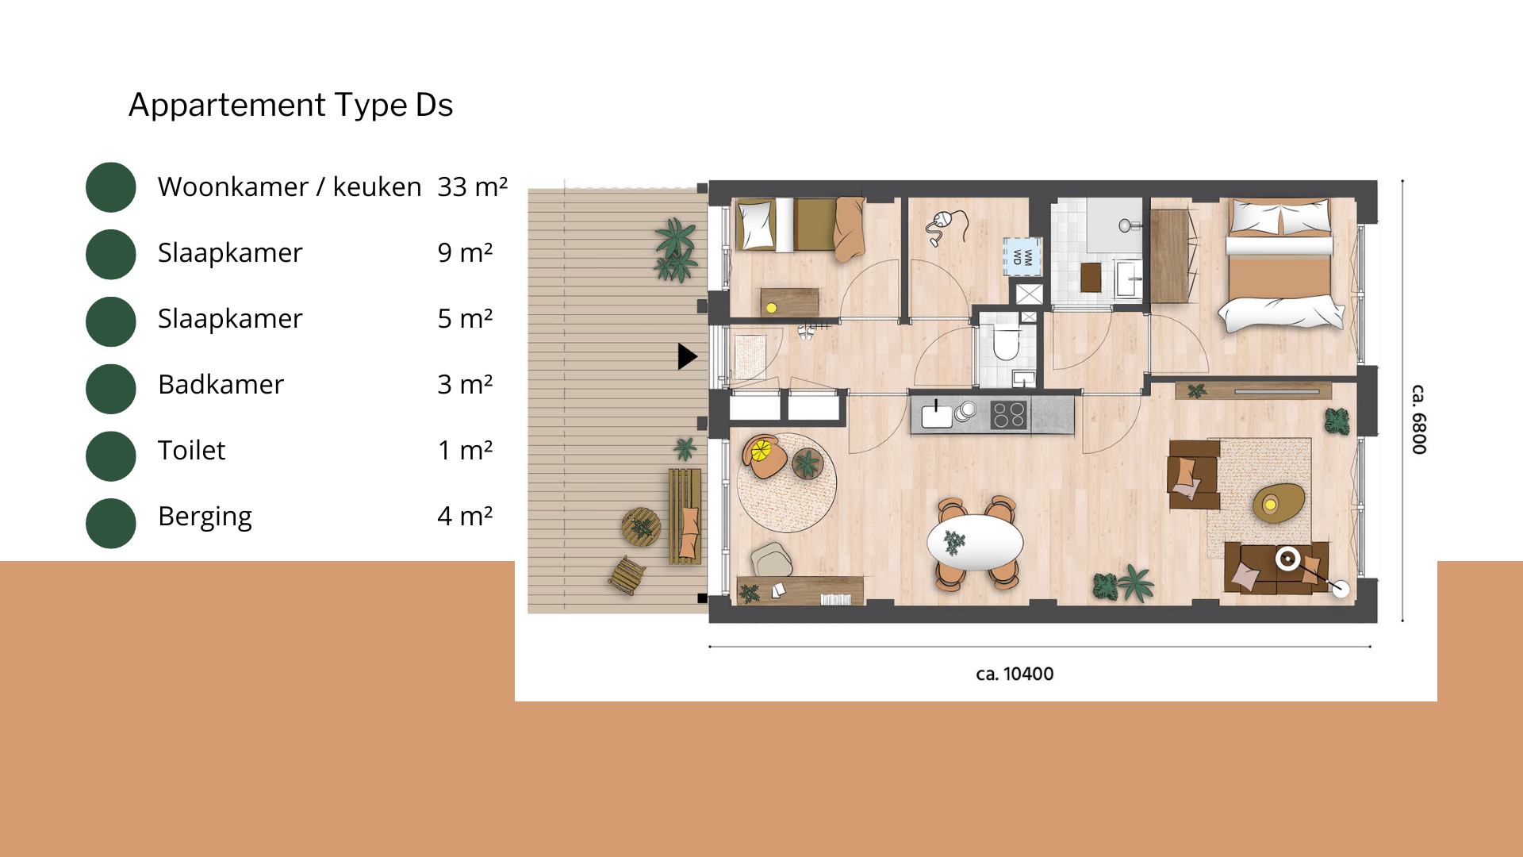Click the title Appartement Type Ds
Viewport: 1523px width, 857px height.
tap(290, 105)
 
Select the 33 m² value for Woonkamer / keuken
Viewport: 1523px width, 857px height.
tap(472, 186)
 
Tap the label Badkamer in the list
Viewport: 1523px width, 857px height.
tap(221, 384)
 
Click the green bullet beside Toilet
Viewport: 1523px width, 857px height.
tap(111, 456)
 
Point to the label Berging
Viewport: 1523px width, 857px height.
tap(205, 517)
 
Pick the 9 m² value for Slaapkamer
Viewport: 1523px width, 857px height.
tap(465, 252)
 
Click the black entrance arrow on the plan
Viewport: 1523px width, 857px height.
tap(688, 356)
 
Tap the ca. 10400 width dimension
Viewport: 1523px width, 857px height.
tap(1015, 674)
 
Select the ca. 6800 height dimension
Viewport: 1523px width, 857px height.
tap(1419, 420)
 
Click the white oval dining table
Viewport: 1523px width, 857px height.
tap(975, 543)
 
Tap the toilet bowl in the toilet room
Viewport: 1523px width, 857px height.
tap(1006, 344)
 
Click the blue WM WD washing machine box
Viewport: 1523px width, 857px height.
tap(1022, 256)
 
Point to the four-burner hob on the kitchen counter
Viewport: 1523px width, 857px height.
tap(1009, 415)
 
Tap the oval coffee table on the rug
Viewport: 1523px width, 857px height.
tap(1279, 503)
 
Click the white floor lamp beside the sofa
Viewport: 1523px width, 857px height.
tap(1341, 589)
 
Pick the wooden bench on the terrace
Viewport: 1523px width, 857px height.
tap(685, 516)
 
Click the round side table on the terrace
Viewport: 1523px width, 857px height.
tap(641, 527)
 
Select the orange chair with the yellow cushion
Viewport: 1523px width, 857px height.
tap(764, 457)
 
